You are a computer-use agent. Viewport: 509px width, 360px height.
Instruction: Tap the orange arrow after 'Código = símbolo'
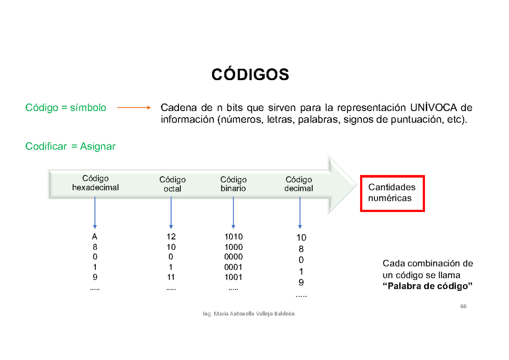[134, 108]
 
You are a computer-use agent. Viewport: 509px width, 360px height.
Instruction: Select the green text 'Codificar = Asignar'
[70, 146]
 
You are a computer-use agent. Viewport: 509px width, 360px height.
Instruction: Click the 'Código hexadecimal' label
[95, 183]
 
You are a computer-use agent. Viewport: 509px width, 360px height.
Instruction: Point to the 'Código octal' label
[172, 184]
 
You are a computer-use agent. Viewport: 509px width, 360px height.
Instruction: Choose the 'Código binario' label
[233, 184]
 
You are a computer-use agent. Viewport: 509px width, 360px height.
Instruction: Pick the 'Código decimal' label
[299, 184]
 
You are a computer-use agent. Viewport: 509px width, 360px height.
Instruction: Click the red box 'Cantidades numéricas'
[392, 193]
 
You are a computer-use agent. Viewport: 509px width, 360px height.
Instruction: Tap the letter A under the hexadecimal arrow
[95, 237]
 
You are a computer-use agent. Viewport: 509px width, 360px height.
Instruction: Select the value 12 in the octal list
[171, 237]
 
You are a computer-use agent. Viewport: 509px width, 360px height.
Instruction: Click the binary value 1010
[233, 237]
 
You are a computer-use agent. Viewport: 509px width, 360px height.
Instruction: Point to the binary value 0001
[233, 267]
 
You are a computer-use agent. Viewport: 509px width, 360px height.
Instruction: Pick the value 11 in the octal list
[171, 277]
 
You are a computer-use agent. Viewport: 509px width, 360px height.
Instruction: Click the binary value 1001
[233, 277]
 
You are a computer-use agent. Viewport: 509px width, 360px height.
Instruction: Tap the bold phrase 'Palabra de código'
[428, 286]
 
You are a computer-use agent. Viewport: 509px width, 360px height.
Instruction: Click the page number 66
[463, 307]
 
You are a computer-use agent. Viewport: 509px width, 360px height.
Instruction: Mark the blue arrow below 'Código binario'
[233, 212]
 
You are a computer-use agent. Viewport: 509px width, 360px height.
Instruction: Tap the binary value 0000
[233, 257]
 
